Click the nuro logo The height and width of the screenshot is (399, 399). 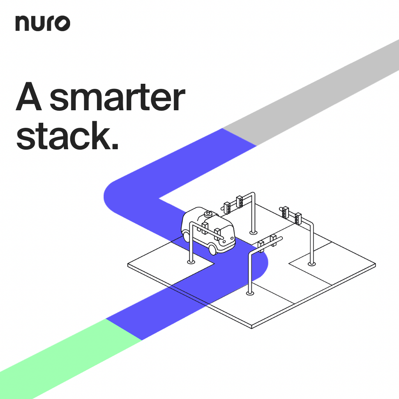click(43, 24)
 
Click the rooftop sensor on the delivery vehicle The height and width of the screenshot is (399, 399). click(209, 213)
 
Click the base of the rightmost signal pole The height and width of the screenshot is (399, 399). click(311, 264)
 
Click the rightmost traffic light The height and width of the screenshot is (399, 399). click(298, 219)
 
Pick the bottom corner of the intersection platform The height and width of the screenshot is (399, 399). click(252, 327)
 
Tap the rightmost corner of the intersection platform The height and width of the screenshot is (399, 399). click(375, 265)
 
